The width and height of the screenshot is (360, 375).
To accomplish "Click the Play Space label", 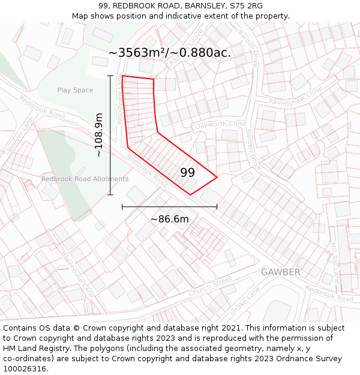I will [75, 90].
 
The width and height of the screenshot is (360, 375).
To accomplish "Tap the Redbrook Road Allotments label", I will [85, 179].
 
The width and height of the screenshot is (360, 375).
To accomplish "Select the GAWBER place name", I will [280, 272].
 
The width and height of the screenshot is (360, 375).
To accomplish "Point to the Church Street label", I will [210, 286].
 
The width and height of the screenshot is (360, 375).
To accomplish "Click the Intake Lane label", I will [245, 301].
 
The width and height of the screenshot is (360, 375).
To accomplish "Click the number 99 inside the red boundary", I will [188, 172].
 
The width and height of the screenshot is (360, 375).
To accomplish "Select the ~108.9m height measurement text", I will [99, 135].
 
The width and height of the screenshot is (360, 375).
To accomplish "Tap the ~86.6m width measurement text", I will [170, 219].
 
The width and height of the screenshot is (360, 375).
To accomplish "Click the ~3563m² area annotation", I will [170, 53].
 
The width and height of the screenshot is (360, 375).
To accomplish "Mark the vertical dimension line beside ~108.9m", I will [110, 135].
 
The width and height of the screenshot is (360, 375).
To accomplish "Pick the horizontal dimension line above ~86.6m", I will [170, 207].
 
